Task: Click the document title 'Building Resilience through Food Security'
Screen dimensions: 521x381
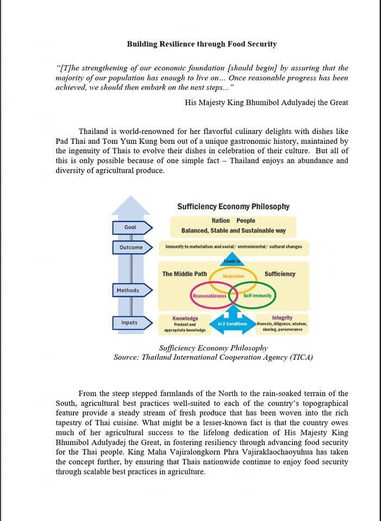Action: click(x=202, y=44)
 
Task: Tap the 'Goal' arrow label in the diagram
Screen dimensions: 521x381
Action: click(x=130, y=227)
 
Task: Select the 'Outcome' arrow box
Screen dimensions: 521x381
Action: click(x=131, y=247)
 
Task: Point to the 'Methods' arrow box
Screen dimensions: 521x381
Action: click(x=128, y=290)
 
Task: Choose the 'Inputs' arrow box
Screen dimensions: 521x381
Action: click(x=129, y=323)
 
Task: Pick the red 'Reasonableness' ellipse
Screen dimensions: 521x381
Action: click(x=209, y=296)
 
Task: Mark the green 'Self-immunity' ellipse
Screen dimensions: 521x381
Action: click(x=257, y=296)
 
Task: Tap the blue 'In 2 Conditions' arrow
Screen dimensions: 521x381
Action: click(x=233, y=323)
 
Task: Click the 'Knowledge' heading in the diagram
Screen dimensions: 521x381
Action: click(x=185, y=318)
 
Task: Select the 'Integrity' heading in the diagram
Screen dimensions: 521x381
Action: click(x=282, y=317)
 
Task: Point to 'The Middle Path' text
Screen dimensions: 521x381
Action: click(x=185, y=274)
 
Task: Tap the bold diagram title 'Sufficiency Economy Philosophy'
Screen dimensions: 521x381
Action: click(x=233, y=207)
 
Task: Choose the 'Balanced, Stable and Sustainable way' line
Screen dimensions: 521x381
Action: click(x=233, y=231)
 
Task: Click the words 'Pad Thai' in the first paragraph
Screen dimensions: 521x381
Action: click(x=70, y=141)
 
